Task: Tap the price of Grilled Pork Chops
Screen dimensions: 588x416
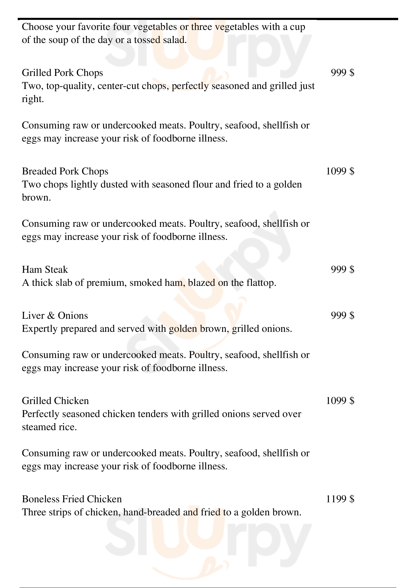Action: [x=343, y=73]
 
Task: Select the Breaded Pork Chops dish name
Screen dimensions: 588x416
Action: [x=65, y=171]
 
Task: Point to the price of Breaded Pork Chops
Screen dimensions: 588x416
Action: [x=340, y=171]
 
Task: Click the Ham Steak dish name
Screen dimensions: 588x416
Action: [x=45, y=270]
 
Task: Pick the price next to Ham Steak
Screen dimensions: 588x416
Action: [x=343, y=270]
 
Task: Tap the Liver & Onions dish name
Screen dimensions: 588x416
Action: [x=55, y=316]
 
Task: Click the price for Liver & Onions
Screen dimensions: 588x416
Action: [x=343, y=316]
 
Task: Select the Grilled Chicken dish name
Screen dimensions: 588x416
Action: [x=55, y=401]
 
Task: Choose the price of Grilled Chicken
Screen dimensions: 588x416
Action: [x=340, y=401]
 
